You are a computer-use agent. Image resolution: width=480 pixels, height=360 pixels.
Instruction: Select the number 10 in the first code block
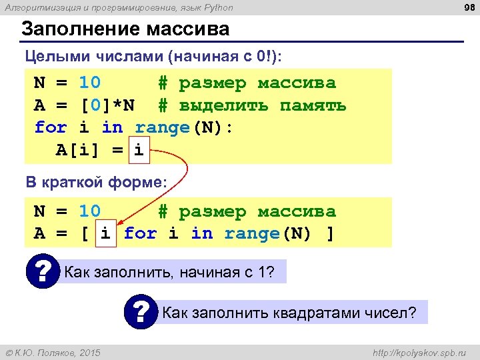(89, 83)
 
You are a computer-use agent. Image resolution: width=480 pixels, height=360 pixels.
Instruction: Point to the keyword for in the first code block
(51, 127)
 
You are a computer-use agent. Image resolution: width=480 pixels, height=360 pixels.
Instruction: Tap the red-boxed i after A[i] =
(139, 149)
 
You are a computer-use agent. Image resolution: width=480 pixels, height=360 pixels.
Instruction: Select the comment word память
(313, 105)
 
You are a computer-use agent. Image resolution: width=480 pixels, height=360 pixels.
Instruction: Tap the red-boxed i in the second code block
(106, 233)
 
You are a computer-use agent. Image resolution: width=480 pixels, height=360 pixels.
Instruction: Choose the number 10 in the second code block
(89, 211)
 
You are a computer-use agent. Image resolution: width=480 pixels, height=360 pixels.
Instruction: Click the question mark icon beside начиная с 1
(43, 271)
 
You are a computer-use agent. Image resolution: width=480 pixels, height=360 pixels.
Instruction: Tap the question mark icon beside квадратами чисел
(141, 311)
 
